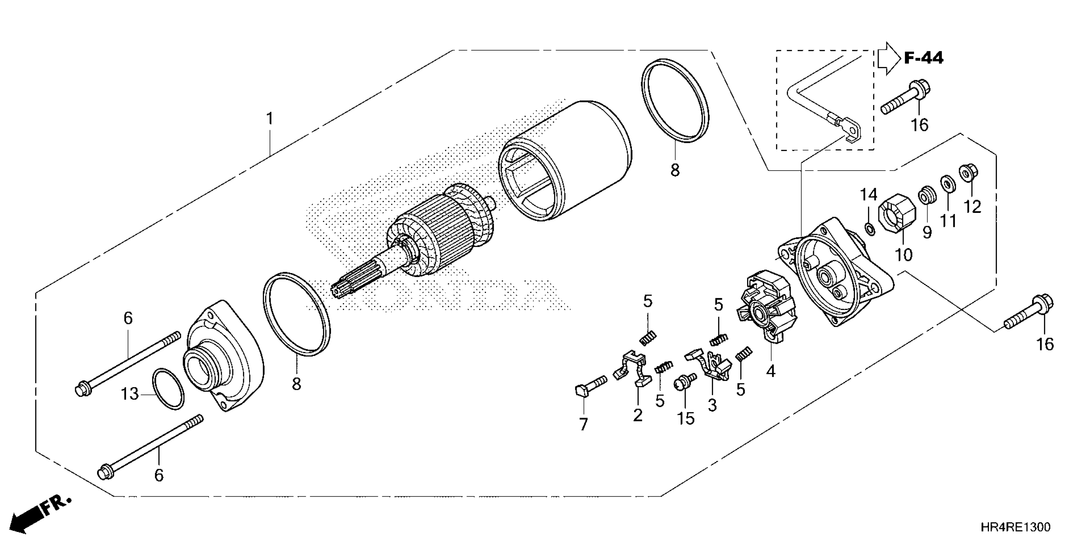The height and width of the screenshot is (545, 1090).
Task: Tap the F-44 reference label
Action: (x=923, y=58)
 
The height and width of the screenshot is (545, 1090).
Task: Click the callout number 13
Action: (x=130, y=394)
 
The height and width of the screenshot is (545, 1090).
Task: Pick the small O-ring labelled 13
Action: (x=168, y=389)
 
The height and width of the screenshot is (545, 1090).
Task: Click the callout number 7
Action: (x=583, y=424)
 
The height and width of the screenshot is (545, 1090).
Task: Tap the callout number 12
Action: (x=972, y=207)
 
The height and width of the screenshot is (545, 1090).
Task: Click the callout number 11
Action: (x=948, y=221)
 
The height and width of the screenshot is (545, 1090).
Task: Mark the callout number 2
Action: (x=638, y=415)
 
